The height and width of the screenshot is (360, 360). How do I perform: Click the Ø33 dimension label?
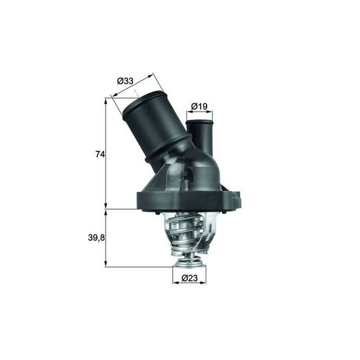(126, 82)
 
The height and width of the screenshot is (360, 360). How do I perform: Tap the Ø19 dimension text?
(200, 107)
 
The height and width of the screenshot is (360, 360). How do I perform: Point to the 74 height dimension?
(99, 154)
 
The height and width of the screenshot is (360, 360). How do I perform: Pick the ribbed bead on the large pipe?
(171, 150)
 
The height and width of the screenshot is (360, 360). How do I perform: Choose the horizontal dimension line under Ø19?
(201, 113)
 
